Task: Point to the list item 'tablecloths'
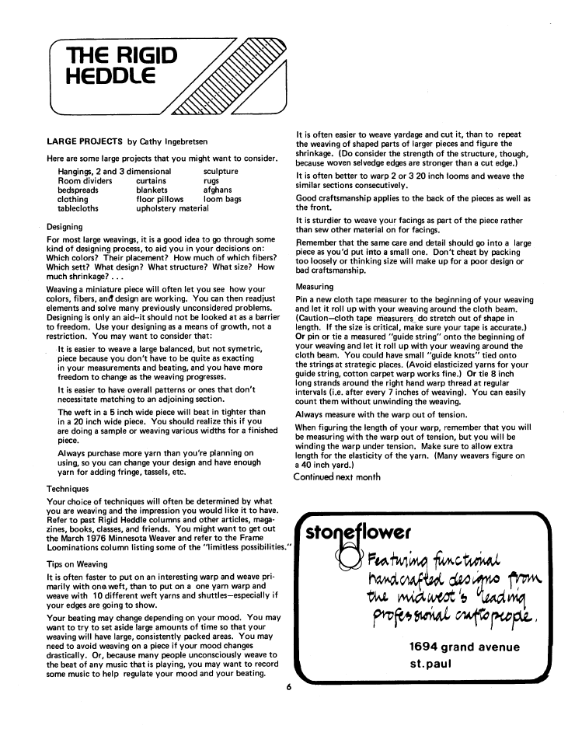(x=83, y=208)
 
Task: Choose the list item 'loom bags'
(x=222, y=199)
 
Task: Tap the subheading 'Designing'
(x=66, y=228)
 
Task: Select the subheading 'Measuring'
(x=315, y=287)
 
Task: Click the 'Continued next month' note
(x=336, y=476)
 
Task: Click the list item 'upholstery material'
(x=172, y=208)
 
